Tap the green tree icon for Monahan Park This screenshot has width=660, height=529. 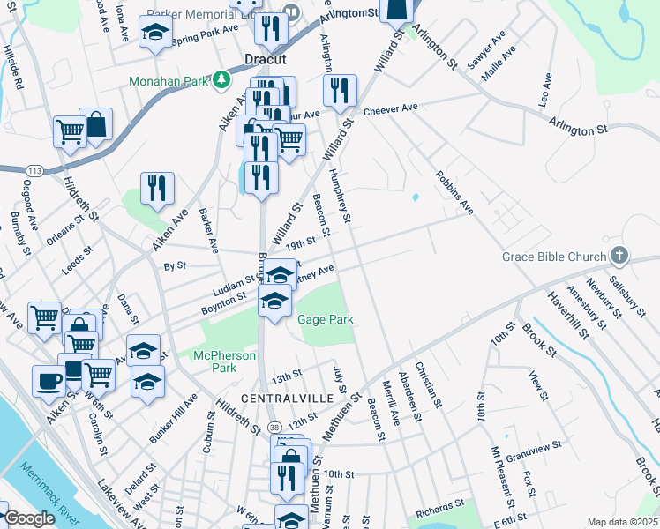(220, 80)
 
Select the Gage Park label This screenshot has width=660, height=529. (324, 319)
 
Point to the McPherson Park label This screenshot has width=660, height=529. (225, 361)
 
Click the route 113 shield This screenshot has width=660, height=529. (34, 169)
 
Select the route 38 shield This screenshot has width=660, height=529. (276, 425)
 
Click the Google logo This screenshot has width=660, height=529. (29, 518)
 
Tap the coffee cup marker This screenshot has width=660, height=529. (48, 381)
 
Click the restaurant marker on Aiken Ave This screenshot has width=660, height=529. (157, 189)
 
